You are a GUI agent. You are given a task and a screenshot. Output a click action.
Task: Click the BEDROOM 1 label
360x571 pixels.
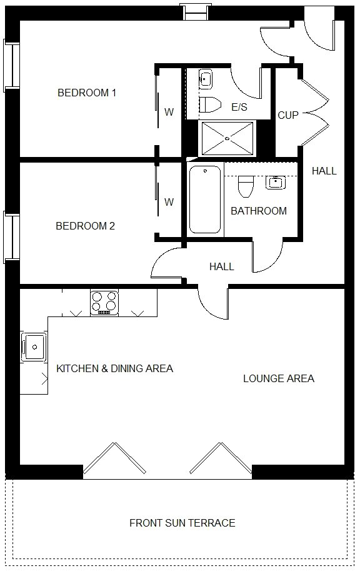tap(87, 93)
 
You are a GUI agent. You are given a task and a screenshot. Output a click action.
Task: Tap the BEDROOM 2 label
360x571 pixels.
tap(85, 226)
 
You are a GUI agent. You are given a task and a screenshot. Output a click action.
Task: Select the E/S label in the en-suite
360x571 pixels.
tap(239, 107)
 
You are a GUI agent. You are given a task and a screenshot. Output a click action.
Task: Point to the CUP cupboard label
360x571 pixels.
tap(288, 116)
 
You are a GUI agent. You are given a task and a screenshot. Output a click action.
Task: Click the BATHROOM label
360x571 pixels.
tap(259, 211)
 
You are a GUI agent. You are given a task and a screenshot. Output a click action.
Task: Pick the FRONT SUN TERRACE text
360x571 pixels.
tap(182, 523)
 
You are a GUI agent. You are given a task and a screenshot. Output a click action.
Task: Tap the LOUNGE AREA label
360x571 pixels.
tap(279, 379)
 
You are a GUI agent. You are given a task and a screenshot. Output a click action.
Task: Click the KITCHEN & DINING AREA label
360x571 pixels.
tap(114, 368)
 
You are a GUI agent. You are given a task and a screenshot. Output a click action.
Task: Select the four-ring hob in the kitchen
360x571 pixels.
tap(104, 303)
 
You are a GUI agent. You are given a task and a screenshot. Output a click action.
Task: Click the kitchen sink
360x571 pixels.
tap(34, 347)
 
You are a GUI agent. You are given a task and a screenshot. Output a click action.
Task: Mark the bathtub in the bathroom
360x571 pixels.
tap(205, 200)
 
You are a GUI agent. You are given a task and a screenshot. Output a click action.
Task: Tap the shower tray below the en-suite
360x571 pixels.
tap(227, 139)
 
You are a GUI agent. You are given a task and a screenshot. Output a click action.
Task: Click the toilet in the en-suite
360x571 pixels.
tap(211, 105)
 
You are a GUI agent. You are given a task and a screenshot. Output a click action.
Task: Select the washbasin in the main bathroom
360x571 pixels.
tap(276, 183)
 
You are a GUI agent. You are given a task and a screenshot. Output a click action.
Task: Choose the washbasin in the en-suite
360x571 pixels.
tap(206, 79)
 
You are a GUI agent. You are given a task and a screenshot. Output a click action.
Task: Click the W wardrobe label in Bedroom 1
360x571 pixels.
tap(169, 112)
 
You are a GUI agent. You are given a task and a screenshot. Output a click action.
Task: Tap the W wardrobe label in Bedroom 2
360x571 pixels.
tap(169, 202)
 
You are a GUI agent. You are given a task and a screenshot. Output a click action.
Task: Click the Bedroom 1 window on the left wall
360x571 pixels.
tap(11, 66)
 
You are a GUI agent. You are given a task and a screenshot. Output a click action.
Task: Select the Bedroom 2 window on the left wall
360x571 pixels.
tap(11, 237)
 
